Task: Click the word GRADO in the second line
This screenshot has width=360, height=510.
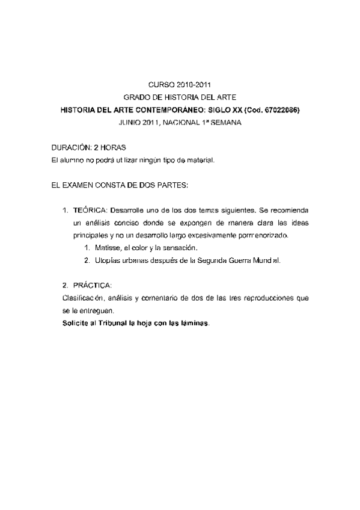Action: [136, 98]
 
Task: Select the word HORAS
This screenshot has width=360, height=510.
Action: [113, 147]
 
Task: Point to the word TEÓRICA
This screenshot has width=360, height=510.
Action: [90, 210]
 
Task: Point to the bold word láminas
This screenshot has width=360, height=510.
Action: [192, 323]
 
